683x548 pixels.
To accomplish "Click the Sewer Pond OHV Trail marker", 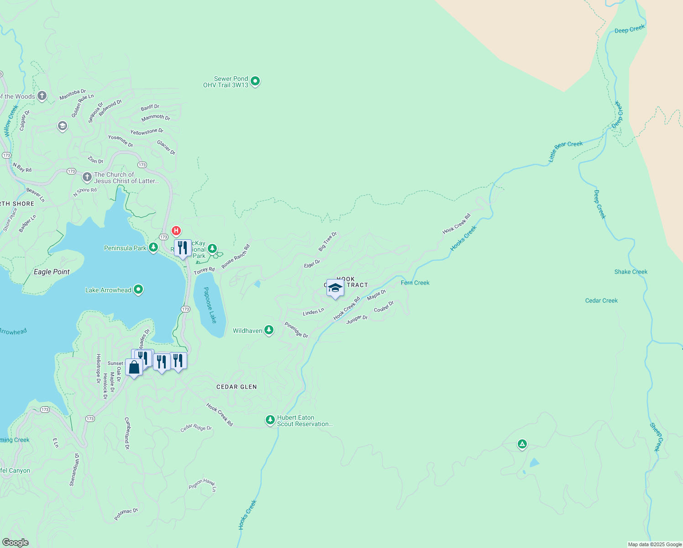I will tap(255, 81).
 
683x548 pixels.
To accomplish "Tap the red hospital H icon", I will tap(176, 231).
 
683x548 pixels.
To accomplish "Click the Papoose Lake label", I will tap(210, 305).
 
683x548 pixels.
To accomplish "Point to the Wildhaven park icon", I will tap(269, 330).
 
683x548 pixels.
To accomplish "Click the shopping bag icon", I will tap(134, 367).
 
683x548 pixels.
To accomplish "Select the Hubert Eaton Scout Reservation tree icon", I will tap(270, 420).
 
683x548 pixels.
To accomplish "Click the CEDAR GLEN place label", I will tap(236, 387).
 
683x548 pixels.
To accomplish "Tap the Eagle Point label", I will tap(52, 272).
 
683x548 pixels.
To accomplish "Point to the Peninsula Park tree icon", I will tap(153, 248).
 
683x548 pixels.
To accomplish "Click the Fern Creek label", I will tap(415, 283).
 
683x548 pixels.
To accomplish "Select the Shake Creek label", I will tap(630, 272).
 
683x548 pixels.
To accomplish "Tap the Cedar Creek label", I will tap(601, 300).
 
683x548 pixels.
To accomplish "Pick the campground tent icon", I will tap(522, 444).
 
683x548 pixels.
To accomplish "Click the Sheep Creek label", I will tap(656, 437).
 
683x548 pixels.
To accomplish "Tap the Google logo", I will tap(15, 542).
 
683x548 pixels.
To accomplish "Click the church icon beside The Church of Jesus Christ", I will tap(87, 177).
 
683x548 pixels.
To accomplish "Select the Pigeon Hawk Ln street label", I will tap(203, 485).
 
